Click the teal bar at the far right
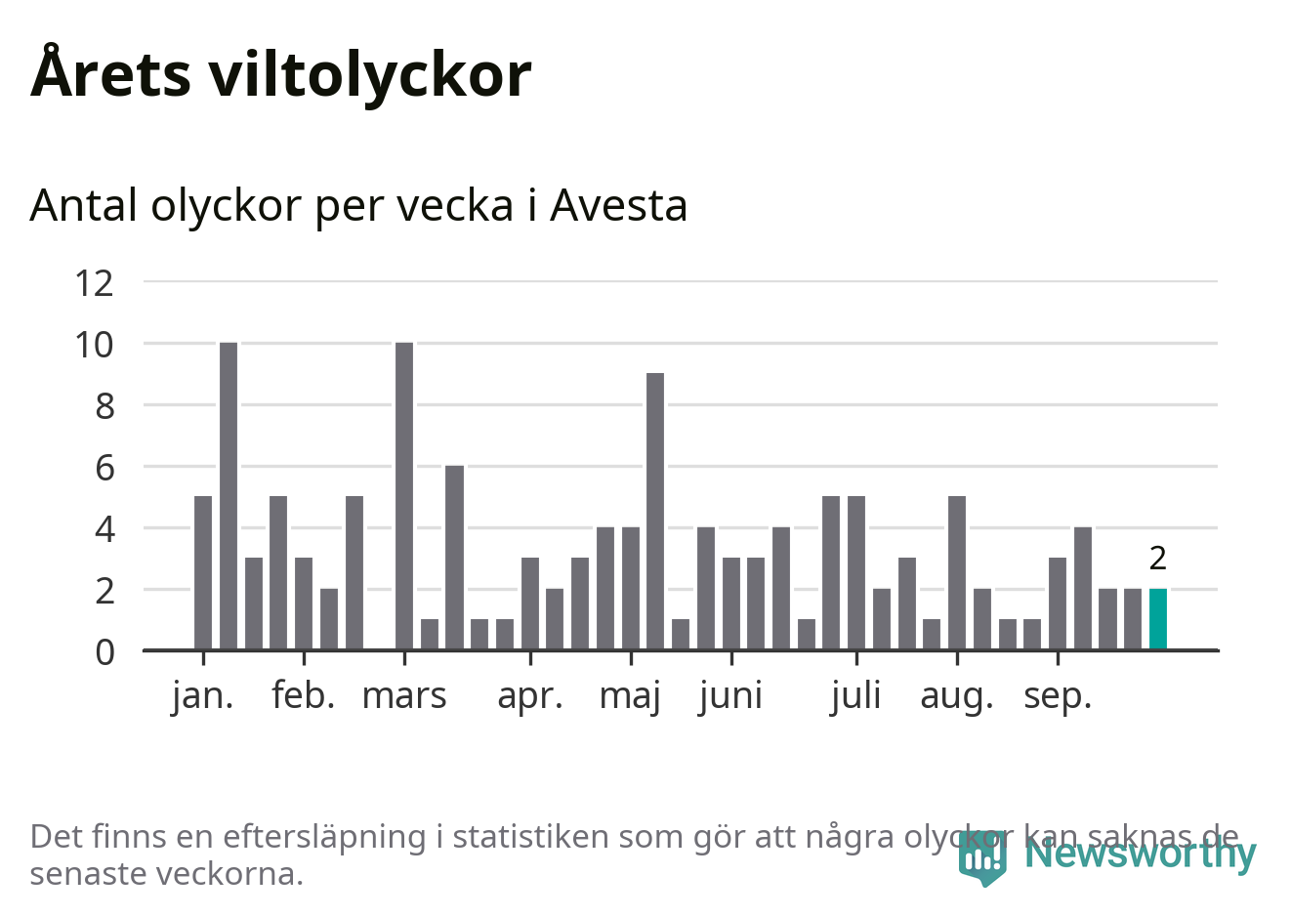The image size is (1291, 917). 1158,619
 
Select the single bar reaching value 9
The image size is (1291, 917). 655,511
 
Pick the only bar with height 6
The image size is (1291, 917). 454,557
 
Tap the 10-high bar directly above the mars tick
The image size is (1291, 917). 404,495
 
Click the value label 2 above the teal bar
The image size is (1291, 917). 1158,559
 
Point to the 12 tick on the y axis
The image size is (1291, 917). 95,283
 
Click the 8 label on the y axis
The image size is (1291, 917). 104,406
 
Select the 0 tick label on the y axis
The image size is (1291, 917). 104,651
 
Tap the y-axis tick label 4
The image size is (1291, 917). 104,529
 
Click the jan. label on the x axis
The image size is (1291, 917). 203,696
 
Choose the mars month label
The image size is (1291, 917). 404,696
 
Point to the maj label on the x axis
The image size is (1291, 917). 630,696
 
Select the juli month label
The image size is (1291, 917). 856,696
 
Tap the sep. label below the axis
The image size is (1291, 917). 1058,696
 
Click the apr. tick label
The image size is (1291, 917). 530,696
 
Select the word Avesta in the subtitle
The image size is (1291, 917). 618,205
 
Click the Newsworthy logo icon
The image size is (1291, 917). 981,856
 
